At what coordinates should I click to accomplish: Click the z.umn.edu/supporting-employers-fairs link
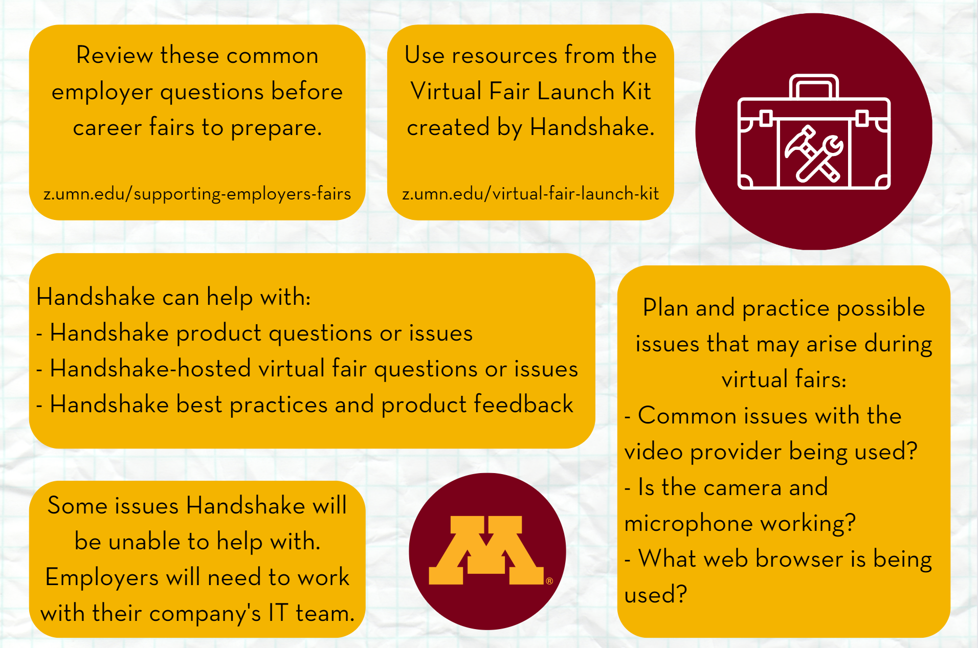[197, 194]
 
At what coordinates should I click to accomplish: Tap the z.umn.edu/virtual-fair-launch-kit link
[530, 194]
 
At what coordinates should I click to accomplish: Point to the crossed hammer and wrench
[814, 153]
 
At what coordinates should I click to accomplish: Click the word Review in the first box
[115, 55]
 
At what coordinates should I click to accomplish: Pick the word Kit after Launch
[636, 91]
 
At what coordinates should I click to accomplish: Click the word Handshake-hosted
[150, 368]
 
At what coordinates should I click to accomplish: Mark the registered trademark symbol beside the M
[549, 581]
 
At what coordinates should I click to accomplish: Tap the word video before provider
[654, 451]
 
